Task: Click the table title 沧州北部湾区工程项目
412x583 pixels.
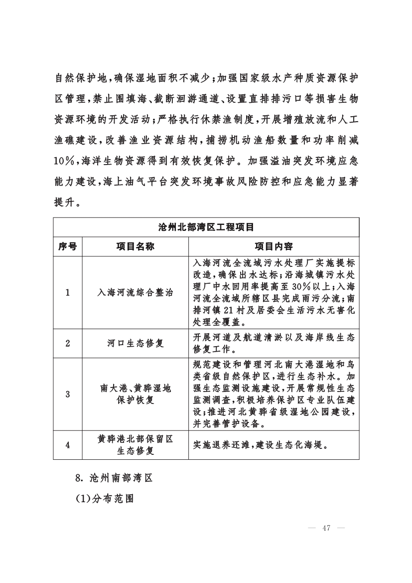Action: tap(206, 227)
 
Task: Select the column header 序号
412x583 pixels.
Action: tap(67, 246)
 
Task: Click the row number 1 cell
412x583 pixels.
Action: tap(67, 293)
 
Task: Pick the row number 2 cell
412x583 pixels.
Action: tap(67, 343)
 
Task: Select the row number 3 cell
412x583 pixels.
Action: tap(67, 393)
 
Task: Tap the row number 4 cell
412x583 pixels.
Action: tap(67, 445)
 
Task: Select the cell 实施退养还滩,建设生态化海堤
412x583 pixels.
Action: tap(261, 445)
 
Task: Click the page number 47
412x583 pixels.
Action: tap(327, 528)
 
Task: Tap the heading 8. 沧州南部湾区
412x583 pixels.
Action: tap(114, 477)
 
